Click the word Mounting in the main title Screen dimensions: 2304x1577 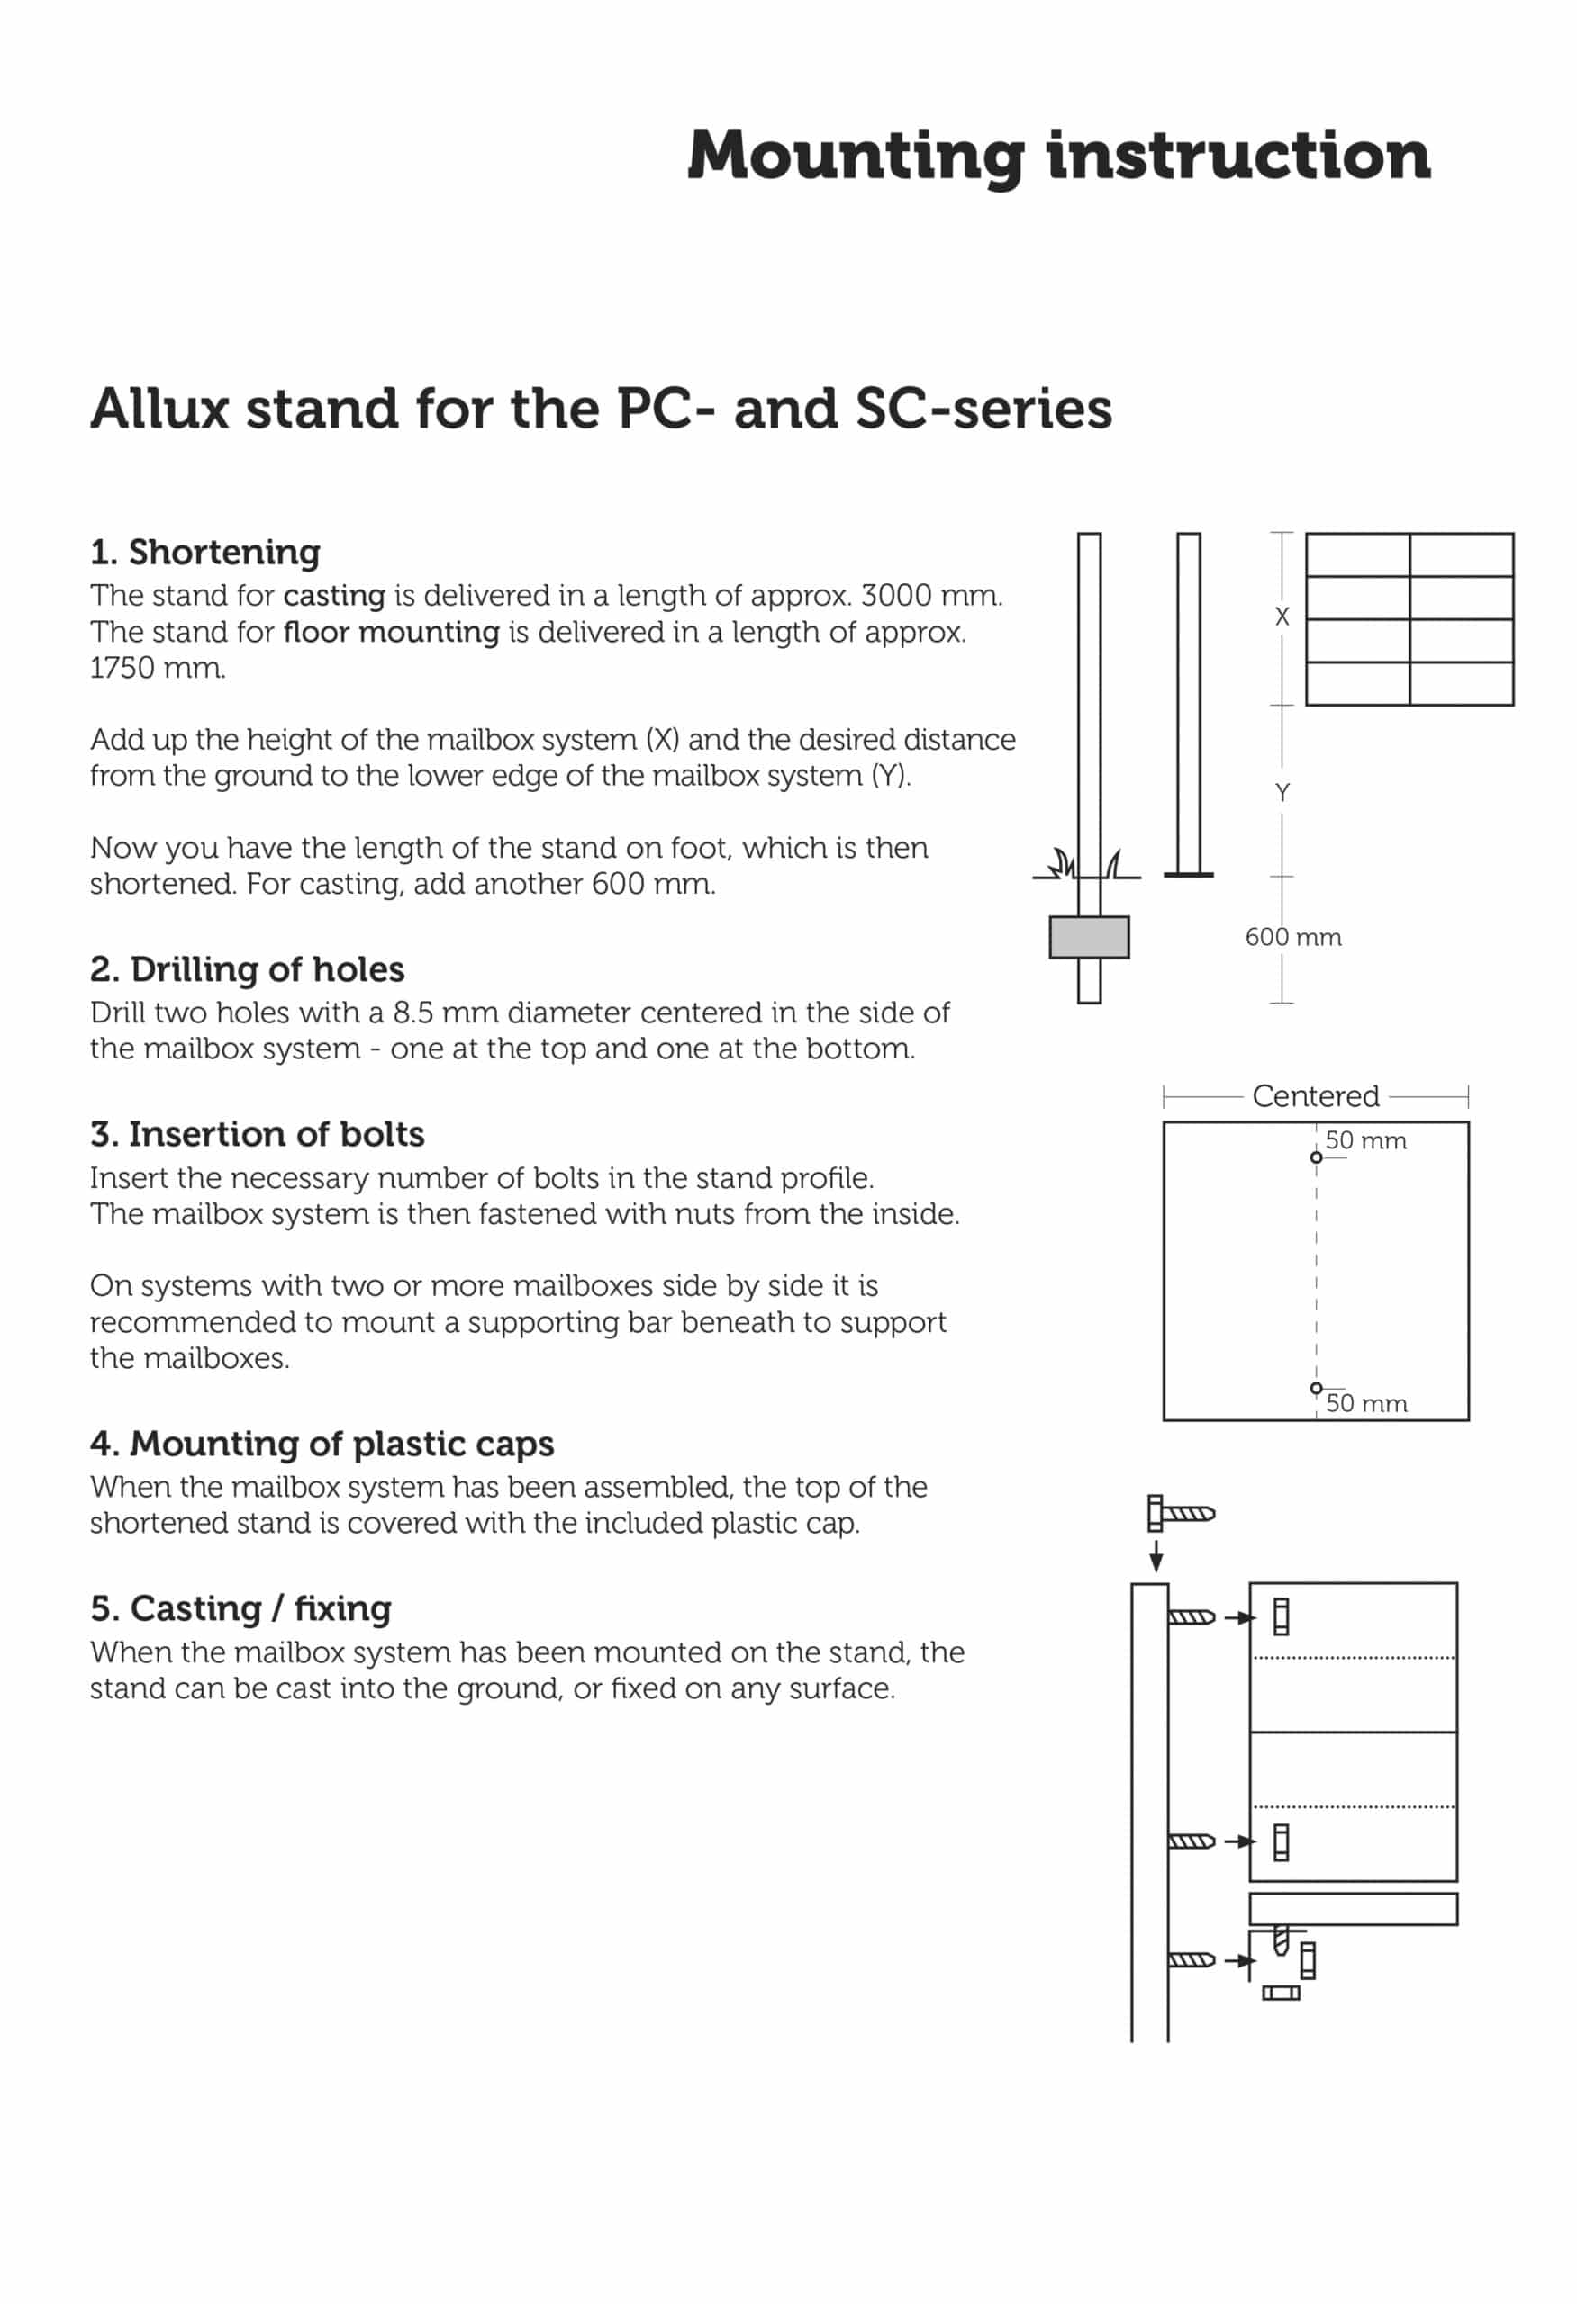coord(855,157)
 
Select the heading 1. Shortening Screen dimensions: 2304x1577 coord(204,553)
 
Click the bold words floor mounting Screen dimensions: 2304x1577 coord(391,633)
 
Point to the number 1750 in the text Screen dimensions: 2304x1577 coord(122,668)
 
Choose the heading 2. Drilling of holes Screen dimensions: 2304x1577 coord(247,969)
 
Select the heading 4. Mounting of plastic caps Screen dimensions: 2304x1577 coord(322,1444)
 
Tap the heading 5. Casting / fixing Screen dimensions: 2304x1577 coord(240,1608)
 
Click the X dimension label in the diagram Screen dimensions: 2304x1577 coord(1282,616)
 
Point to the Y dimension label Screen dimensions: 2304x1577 coord(1282,793)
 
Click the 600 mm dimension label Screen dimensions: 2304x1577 coord(1292,937)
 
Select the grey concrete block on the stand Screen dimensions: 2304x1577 coord(1088,937)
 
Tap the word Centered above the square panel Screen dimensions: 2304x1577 coord(1314,1096)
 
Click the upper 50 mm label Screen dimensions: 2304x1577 coord(1364,1141)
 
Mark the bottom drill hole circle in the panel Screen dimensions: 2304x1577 coord(1315,1388)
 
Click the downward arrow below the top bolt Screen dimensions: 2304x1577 coord(1156,1556)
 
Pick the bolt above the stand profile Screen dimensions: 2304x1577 coord(1180,1513)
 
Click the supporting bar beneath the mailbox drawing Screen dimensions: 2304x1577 coord(1352,1908)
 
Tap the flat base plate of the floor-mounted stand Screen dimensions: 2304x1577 coord(1188,876)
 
